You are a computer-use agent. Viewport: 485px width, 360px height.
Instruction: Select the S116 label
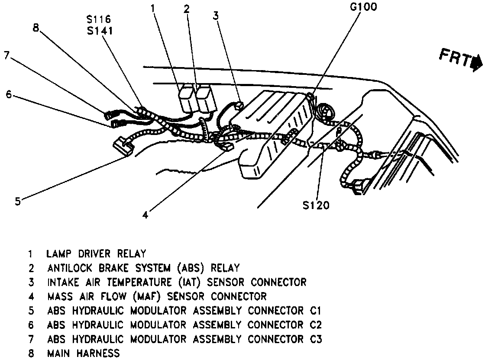pyautogui.click(x=99, y=19)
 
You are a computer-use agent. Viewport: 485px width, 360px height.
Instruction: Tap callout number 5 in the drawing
pyautogui.click(x=17, y=201)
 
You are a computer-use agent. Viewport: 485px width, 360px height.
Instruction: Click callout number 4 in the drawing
pyautogui.click(x=145, y=214)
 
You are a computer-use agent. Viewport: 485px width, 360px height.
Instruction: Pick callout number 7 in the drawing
pyautogui.click(x=6, y=55)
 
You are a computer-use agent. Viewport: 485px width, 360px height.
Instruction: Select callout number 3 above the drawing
pyautogui.click(x=215, y=16)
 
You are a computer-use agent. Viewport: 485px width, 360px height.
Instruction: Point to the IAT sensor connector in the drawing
pyautogui.click(x=237, y=105)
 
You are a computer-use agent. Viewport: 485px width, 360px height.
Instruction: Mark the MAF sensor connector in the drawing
pyautogui.click(x=226, y=148)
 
